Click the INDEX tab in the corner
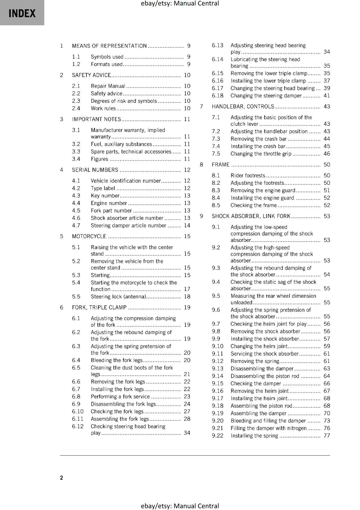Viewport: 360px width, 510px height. tap(22, 13)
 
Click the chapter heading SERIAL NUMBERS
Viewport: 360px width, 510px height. tap(95, 170)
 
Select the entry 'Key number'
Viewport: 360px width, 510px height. tap(105, 196)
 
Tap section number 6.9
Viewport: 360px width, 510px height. tap(76, 404)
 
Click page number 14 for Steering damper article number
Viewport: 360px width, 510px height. tap(187, 225)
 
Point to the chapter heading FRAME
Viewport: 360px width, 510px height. tap(220, 164)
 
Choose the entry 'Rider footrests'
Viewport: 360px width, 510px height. tap(248, 175)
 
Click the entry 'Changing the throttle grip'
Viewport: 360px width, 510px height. tap(261, 154)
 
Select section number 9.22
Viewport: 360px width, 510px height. tap(218, 435)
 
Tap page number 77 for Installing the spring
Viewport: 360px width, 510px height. tap(327, 435)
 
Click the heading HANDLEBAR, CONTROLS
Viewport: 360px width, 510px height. tap(243, 106)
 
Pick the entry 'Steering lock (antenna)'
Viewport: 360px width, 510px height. tap(118, 296)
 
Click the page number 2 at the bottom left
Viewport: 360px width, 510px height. tap(61, 477)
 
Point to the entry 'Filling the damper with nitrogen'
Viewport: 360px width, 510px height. tap(268, 428)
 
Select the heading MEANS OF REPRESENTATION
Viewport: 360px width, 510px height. tap(109, 46)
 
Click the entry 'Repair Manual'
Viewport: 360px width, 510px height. tap(108, 86)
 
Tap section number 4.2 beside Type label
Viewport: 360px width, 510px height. tap(76, 188)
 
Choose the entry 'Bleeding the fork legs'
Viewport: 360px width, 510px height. tap(117, 360)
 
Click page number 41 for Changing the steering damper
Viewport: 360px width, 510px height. tap(327, 96)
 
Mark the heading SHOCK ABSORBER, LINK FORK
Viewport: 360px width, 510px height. tap(251, 216)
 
